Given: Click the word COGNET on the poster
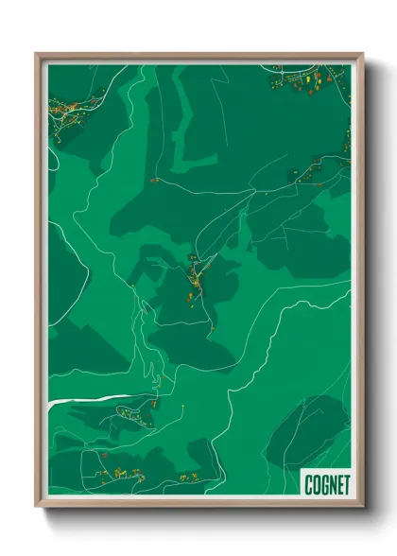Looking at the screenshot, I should point(326,484).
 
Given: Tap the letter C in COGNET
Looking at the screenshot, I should point(309,484).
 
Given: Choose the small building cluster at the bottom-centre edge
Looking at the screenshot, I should point(187,478).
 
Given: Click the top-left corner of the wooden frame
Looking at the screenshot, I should point(38,55).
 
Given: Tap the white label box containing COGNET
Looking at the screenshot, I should point(326,484).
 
